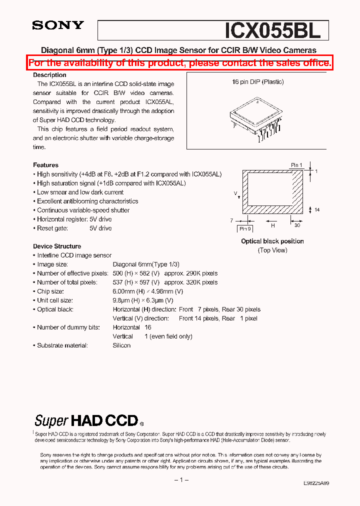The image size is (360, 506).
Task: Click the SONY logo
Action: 58,25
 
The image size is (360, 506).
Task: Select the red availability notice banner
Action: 180,62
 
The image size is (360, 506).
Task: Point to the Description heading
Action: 49,75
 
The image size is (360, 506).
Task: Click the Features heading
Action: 45,165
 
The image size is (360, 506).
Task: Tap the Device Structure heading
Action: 57,246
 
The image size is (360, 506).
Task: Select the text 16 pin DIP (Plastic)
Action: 257,82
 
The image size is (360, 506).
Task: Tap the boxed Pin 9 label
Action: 244,228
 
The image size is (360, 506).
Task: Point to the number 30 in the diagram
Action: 297,225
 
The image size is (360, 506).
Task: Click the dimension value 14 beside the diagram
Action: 317,210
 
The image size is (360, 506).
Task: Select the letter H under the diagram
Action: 272,225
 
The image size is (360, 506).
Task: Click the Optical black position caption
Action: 272,241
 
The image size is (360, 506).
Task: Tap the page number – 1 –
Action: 180,480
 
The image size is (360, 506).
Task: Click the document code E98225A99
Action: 316,483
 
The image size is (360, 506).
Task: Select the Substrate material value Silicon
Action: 121,345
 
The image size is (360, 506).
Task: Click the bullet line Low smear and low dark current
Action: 80,192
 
